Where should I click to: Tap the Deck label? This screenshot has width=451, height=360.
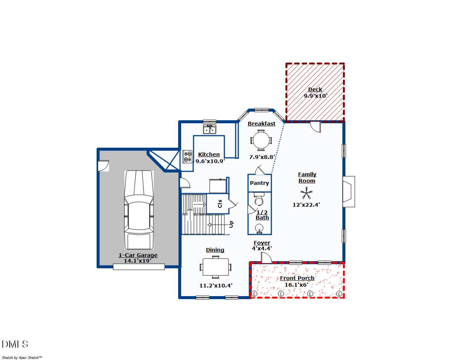coord(315,89)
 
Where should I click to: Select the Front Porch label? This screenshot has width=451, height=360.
coord(297,278)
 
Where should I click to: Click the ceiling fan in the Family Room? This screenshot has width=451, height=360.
coord(306,194)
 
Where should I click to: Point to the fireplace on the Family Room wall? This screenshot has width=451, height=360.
coord(348,192)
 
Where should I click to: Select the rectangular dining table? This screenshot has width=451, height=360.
coord(216,267)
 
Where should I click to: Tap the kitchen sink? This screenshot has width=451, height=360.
coord(210,129)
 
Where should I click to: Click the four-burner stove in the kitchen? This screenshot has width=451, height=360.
coord(188,156)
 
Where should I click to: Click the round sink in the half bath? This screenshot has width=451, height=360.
coord(259,228)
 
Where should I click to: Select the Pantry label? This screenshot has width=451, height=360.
coord(259,183)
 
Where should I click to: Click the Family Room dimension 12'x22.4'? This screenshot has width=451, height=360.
coord(306,205)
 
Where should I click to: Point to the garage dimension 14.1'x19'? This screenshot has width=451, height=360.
coord(138,260)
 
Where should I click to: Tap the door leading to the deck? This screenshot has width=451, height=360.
coord(315,127)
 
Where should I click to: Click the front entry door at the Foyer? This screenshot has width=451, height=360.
coord(266,258)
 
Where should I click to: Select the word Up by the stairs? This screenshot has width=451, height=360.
coord(232,224)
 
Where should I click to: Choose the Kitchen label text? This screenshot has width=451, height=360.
coord(209,154)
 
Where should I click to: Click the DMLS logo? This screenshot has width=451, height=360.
coord(15,344)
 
